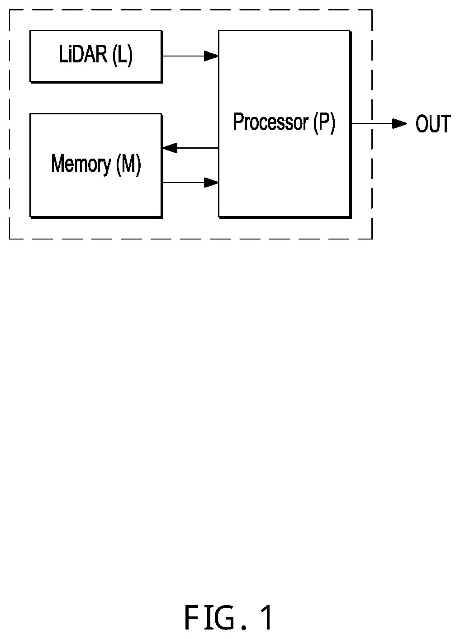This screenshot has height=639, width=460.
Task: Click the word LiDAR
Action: [x=83, y=54]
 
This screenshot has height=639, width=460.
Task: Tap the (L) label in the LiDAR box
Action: [x=123, y=55]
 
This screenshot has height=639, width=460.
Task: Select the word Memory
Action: [x=81, y=164]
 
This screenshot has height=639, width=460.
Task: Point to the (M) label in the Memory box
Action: [x=129, y=164]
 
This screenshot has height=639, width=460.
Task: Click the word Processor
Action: [x=271, y=122]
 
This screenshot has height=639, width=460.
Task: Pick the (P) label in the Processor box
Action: [x=324, y=123]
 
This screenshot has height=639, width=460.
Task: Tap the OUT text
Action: [x=433, y=123]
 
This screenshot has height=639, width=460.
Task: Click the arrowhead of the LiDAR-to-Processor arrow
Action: [x=211, y=56]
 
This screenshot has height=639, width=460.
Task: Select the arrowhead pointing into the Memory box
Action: [x=170, y=148]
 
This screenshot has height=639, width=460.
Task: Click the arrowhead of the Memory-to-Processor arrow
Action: [x=211, y=182]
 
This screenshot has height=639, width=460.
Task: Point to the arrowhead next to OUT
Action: [x=400, y=123]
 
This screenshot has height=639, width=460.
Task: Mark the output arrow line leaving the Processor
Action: [x=379, y=123]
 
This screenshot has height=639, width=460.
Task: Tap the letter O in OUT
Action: [x=422, y=123]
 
